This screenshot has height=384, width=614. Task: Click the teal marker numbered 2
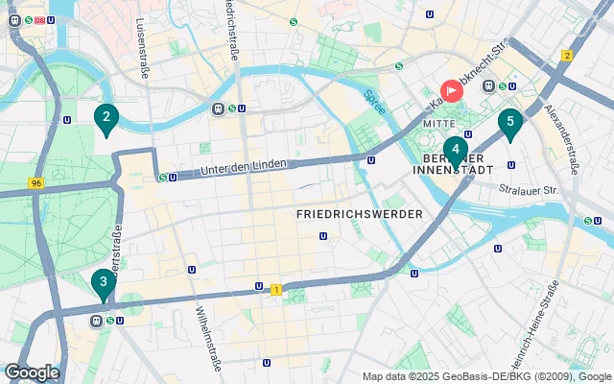click(106, 119)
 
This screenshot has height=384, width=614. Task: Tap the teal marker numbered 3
click(101, 282)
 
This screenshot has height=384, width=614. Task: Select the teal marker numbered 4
click(454, 151)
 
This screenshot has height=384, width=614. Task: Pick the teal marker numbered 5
click(510, 122)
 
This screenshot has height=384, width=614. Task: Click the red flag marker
click(451, 90)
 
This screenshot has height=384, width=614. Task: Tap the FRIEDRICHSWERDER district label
click(360, 214)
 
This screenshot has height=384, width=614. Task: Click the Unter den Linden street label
click(244, 167)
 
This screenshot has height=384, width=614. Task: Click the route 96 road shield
click(35, 183)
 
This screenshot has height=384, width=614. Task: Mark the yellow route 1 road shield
click(276, 289)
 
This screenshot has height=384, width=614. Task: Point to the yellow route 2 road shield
click(567, 56)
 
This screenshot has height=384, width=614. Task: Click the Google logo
click(32, 372)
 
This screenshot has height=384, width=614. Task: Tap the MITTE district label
click(442, 124)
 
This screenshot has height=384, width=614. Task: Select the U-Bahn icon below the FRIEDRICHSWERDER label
click(323, 235)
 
